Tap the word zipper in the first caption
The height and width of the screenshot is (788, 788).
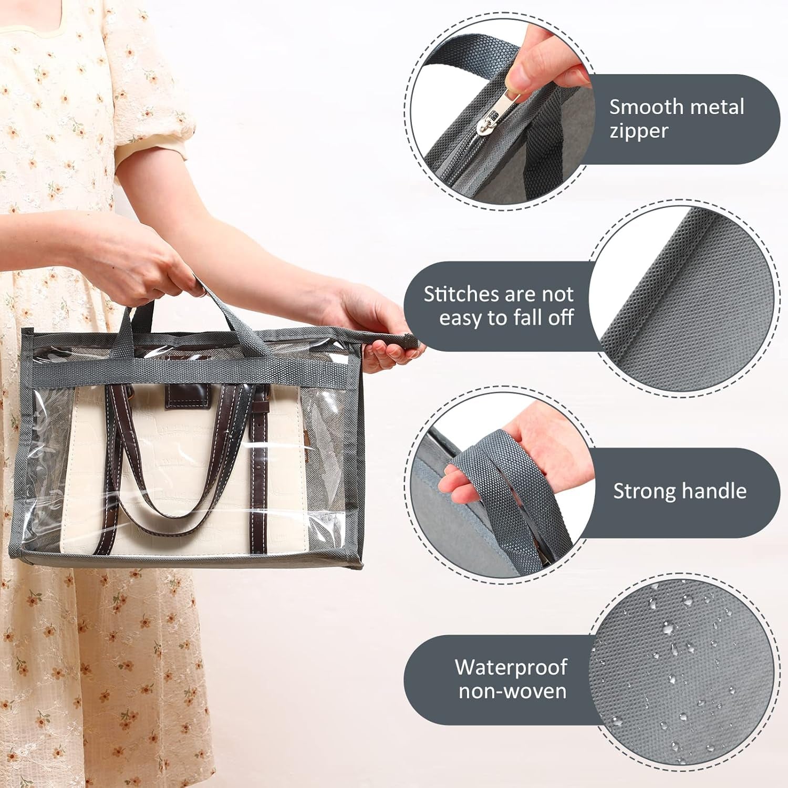pyautogui.click(x=639, y=131)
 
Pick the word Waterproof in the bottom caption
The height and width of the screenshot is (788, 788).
pyautogui.click(x=511, y=667)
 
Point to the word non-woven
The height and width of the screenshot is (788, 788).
pyautogui.click(x=512, y=691)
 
